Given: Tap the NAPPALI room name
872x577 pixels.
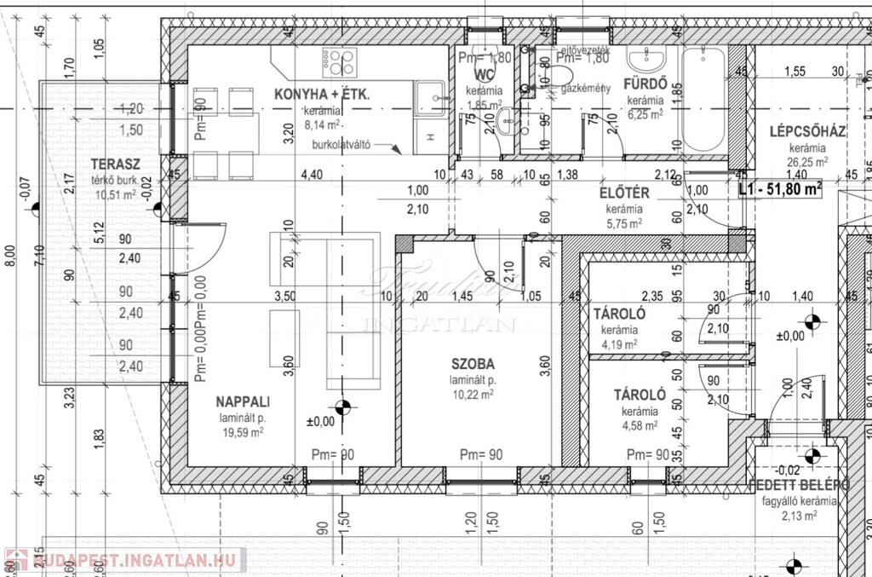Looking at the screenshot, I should point(243,401).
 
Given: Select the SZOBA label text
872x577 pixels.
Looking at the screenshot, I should point(473,364).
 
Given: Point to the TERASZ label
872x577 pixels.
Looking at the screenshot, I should point(116,164).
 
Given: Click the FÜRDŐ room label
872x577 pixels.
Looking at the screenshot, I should point(645,85).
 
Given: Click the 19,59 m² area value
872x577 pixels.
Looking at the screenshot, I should point(243,432).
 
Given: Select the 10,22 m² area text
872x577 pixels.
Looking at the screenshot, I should point(473,394).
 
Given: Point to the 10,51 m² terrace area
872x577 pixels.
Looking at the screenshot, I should point(116,195).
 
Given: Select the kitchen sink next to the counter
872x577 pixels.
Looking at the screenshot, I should point(430,98).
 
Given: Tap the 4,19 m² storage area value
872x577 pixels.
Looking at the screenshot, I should point(619,344).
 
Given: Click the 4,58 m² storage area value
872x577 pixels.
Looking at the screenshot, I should point(640,424).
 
